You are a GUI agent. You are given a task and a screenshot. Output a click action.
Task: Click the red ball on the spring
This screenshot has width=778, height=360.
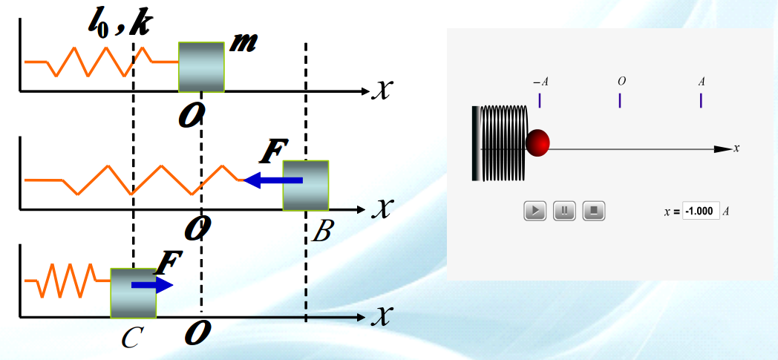pos(538,143)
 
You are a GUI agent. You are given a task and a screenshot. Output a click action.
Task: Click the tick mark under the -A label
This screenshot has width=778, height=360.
pos(540,100)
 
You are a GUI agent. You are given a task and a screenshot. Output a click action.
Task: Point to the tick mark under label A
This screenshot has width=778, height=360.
pos(701,100)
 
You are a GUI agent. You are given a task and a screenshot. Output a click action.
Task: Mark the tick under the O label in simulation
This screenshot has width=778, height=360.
pos(620,100)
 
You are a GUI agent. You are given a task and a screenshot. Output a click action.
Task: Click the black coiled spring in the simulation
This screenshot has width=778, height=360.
pos(500,143)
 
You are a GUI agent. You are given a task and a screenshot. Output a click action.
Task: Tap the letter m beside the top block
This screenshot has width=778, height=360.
pos(243,44)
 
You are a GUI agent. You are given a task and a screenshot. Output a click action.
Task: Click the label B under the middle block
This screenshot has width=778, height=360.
pos(321,231)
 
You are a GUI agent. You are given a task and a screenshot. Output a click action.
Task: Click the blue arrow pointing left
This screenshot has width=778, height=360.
pos(273,180)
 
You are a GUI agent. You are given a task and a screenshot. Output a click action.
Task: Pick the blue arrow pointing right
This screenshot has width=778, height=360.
pos(152,285)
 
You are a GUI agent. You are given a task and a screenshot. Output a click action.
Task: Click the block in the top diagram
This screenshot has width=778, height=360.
pos(201,67)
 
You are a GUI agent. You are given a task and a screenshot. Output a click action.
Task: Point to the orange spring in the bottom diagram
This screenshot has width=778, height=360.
pos(68,281)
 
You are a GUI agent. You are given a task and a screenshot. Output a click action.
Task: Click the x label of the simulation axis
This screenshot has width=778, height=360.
pos(737,148)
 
